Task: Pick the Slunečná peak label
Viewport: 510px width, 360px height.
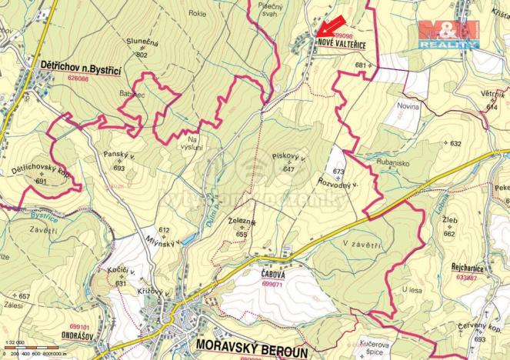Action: coord(142,44)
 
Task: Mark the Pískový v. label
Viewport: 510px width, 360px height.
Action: coord(289,157)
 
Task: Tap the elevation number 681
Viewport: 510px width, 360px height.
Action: coord(360,65)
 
